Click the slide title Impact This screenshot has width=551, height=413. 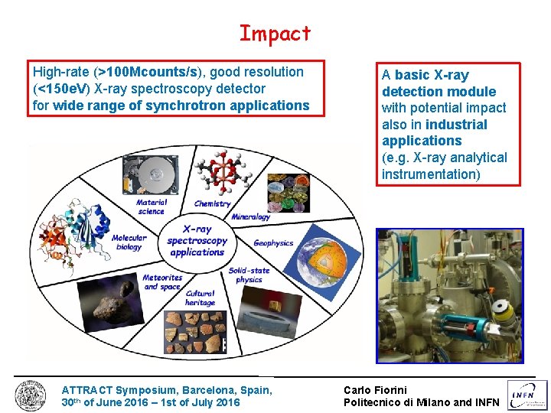coord(275,34)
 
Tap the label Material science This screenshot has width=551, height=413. coord(151,206)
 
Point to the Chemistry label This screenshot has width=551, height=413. coord(212,203)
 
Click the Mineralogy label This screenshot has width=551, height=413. coord(250,216)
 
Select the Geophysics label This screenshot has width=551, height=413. coord(273,243)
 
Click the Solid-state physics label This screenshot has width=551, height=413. coord(249,275)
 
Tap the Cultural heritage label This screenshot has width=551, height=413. coord(200,298)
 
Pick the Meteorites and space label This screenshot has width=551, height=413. coord(161,281)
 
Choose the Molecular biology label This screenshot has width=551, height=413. coord(129,242)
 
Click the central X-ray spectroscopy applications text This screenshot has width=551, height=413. coord(197,240)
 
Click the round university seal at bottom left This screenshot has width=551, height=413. coord(31,395)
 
